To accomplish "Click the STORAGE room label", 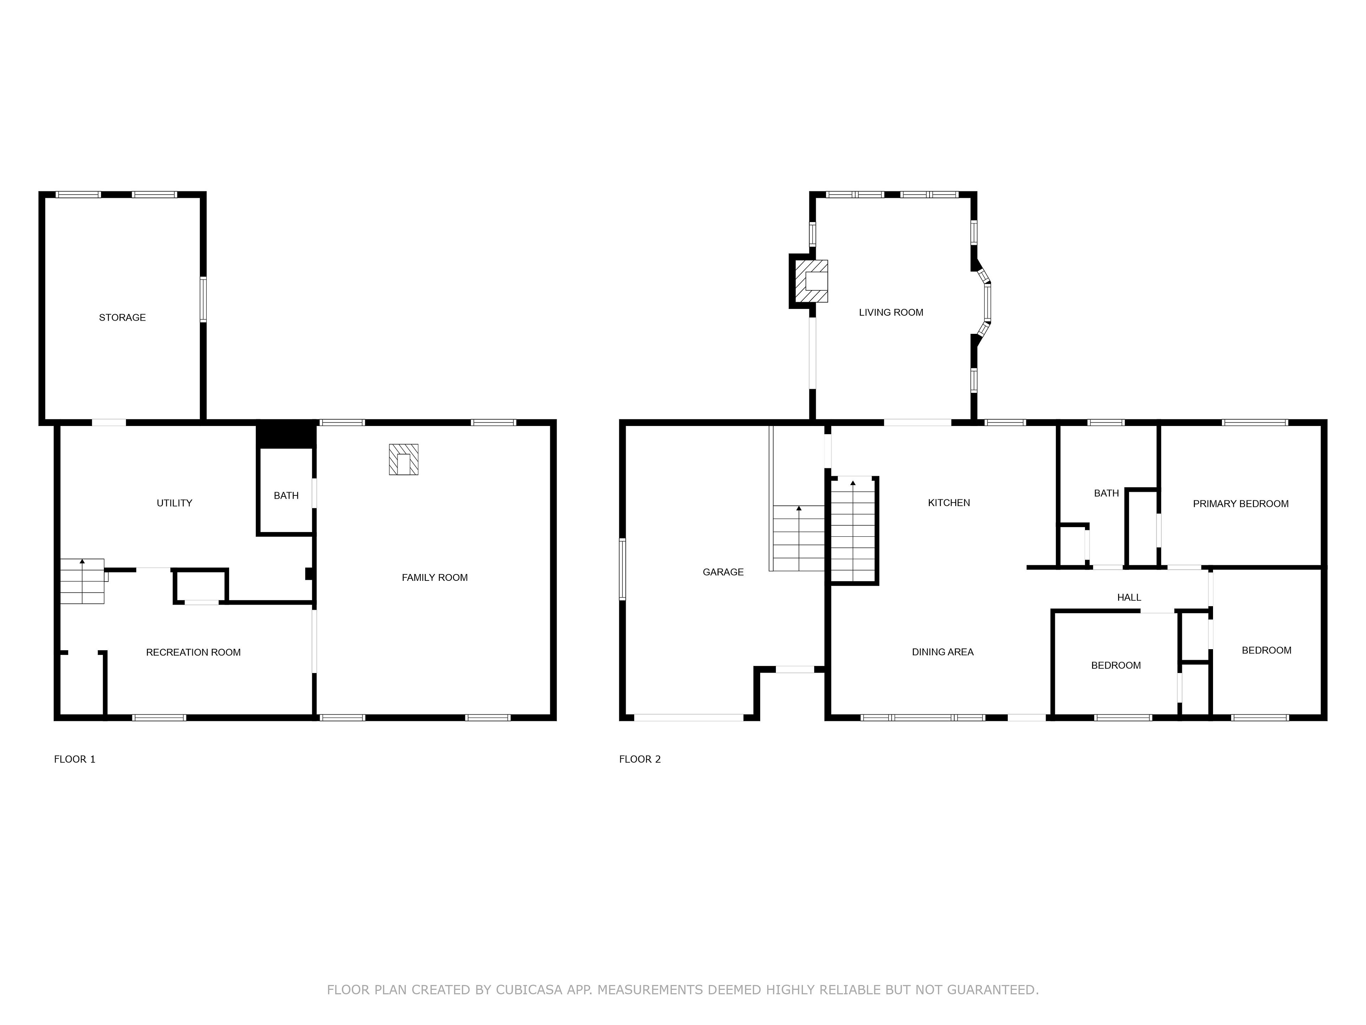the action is point(122,317).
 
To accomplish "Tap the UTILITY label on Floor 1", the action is point(174,503).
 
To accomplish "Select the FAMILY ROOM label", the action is point(435,578).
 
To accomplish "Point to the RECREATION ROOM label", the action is point(193,652).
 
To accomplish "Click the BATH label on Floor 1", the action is point(286,495).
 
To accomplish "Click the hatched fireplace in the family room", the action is point(403,460).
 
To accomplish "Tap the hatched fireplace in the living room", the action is point(811,281).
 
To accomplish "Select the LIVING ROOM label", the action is point(891,312).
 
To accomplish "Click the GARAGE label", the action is point(723,572).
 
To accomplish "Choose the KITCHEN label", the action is point(949,503).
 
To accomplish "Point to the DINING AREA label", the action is point(943,652).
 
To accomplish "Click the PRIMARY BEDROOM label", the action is point(1241,504).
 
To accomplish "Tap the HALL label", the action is point(1129,598).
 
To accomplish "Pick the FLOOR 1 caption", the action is point(75,759).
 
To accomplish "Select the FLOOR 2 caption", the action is point(640,759).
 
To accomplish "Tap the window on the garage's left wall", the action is point(623,569).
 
